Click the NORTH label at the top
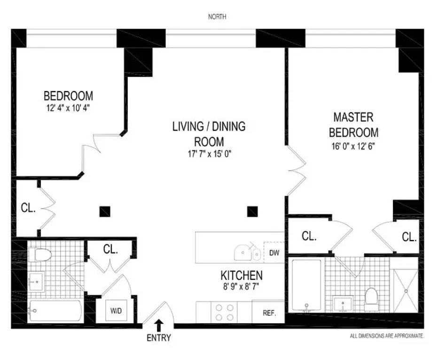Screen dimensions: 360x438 point(217,17)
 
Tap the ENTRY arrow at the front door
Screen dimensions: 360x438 point(159,324)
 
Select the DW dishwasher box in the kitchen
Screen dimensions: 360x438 point(274,253)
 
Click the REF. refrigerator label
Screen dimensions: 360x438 point(269,313)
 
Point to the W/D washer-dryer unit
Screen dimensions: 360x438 point(115,311)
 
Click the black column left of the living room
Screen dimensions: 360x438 point(105,211)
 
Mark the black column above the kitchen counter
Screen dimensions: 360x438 point(253,211)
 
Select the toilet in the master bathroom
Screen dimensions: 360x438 point(371,298)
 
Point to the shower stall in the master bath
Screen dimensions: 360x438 point(405,290)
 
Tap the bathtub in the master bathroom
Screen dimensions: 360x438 point(306,285)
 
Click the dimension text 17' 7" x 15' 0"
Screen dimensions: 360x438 point(209,154)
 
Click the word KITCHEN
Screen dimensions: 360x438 point(242,275)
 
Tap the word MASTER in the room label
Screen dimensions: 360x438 point(353,116)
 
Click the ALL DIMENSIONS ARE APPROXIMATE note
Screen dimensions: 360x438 point(387,336)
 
